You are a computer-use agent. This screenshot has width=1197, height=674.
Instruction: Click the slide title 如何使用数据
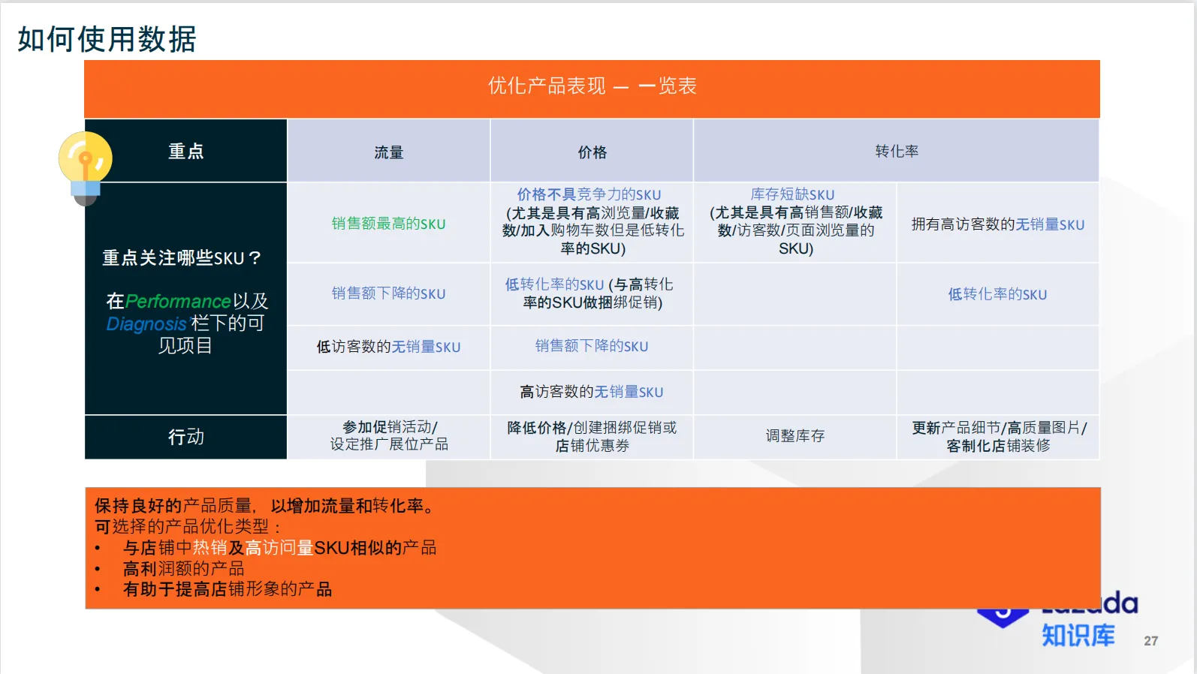107,39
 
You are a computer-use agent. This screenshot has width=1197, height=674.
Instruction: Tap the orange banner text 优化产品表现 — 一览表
592,86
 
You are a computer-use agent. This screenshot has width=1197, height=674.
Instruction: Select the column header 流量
389,152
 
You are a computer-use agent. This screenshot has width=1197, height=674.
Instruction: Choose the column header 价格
592,152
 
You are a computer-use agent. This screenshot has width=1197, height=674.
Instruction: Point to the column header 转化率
897,152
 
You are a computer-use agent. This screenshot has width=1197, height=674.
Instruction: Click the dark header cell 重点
185,152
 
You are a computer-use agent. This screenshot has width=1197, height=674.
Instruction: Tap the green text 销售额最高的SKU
388,224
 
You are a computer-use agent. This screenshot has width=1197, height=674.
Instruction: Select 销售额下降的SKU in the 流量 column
388,293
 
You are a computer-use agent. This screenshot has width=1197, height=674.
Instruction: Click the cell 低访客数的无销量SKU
388,347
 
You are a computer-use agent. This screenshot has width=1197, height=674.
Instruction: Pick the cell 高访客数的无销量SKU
592,392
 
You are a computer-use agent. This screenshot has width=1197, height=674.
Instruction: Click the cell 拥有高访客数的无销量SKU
997,224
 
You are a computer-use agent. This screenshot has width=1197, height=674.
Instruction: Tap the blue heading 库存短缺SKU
792,194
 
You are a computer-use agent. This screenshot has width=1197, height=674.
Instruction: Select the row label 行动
185,437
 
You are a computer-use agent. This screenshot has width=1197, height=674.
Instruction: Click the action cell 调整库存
795,436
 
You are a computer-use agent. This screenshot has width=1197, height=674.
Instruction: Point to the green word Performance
178,302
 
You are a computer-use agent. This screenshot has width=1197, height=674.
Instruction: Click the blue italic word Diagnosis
146,324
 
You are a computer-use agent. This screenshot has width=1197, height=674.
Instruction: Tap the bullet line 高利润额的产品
184,569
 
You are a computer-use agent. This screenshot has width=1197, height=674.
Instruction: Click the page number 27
1150,641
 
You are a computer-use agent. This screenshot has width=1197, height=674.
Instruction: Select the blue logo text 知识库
1078,636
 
